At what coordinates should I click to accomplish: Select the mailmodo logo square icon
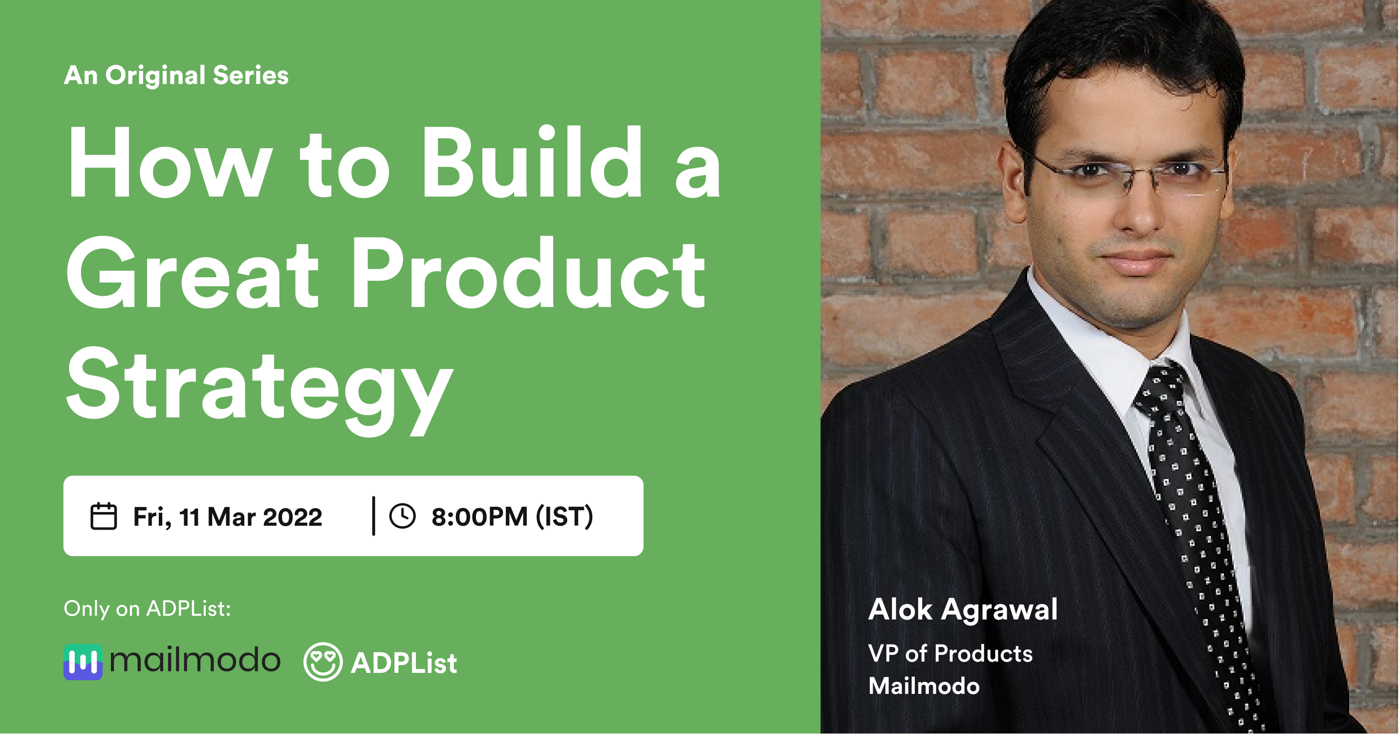[83, 662]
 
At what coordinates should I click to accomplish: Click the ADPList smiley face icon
[323, 662]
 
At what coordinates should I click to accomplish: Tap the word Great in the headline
[193, 274]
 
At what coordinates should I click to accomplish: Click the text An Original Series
[176, 76]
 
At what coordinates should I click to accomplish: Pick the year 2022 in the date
[292, 516]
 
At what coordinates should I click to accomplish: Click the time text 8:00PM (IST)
[512, 516]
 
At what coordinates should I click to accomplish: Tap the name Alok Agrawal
[963, 609]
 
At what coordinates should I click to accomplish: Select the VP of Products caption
[950, 653]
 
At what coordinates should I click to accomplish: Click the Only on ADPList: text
[147, 609]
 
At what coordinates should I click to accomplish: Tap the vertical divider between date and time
[373, 515]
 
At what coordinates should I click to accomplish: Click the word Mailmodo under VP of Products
[924, 686]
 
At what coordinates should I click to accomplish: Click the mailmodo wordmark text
[195, 661]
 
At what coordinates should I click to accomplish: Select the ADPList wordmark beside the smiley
[404, 663]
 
